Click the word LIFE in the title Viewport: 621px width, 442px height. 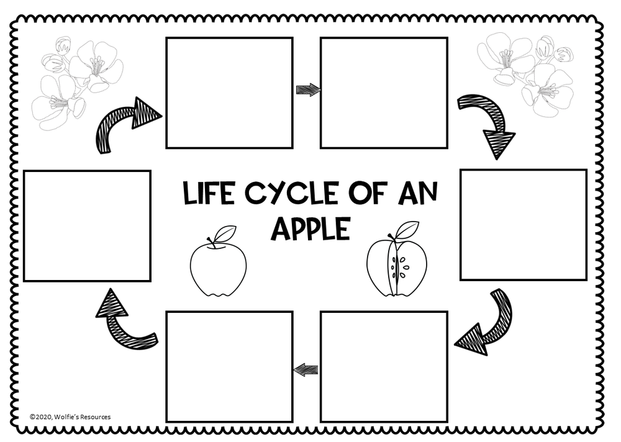click(x=209, y=194)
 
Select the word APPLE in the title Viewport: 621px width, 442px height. click(x=310, y=228)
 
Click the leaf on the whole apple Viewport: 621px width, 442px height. click(x=225, y=233)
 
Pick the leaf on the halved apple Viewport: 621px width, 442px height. click(x=407, y=230)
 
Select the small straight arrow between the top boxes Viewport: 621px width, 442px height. click(x=307, y=90)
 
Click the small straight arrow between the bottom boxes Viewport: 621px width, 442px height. click(x=306, y=370)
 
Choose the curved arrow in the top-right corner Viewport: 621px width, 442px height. click(x=488, y=124)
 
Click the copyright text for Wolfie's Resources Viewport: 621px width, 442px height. click(x=70, y=417)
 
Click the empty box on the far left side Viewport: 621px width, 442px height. click(x=87, y=226)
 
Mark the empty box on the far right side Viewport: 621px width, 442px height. click(x=523, y=225)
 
